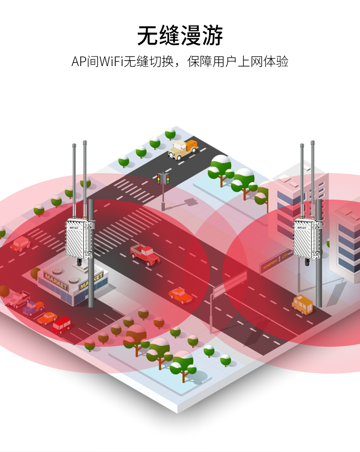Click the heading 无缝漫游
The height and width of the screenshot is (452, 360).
tap(180, 36)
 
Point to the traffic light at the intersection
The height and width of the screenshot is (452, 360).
tap(163, 179)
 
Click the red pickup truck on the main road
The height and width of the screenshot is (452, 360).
tap(144, 254)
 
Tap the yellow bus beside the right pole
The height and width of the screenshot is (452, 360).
tap(303, 304)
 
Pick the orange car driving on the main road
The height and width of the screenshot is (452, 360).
tap(180, 295)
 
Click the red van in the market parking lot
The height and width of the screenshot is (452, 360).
tap(61, 325)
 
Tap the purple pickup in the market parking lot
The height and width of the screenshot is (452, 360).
tap(34, 308)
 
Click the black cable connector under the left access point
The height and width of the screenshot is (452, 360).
tap(80, 263)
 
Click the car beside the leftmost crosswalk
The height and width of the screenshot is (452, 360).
tap(20, 244)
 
